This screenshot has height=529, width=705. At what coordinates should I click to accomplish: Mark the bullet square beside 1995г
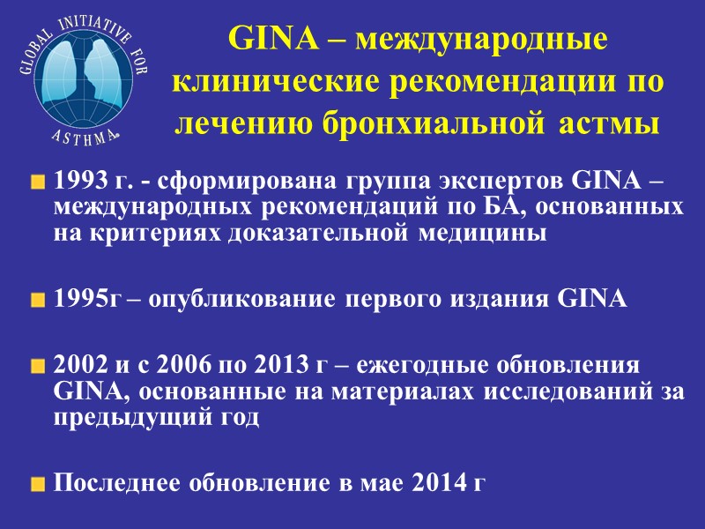(37, 300)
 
